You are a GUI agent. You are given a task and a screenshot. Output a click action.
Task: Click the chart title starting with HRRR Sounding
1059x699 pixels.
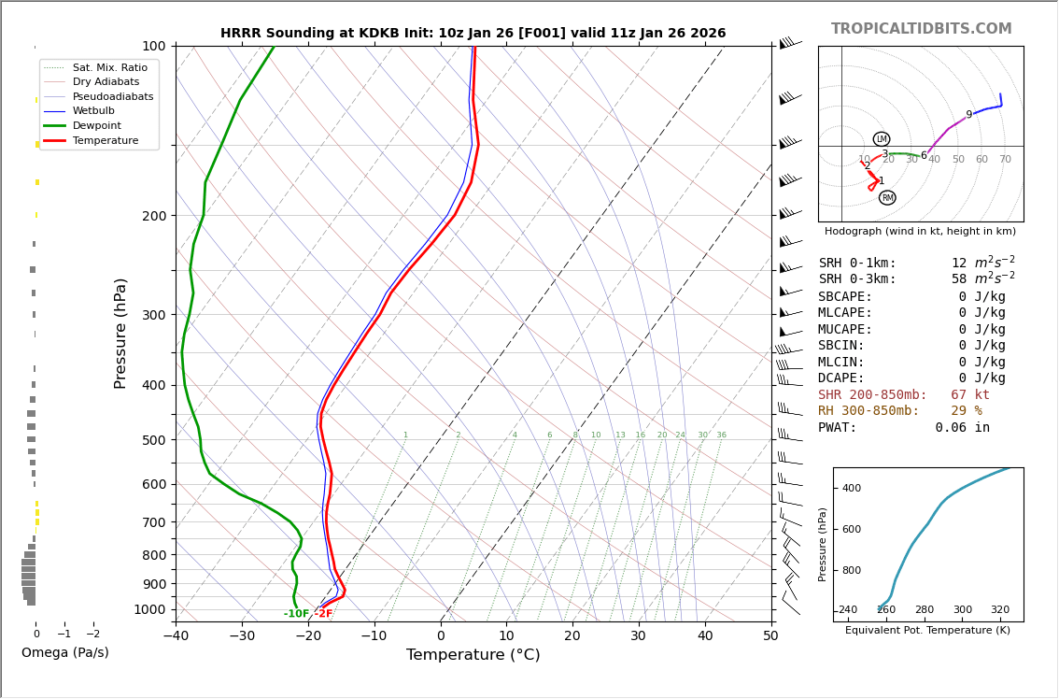[x=473, y=33]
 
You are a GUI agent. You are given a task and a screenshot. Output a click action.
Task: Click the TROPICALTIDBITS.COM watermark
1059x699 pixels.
[x=921, y=29]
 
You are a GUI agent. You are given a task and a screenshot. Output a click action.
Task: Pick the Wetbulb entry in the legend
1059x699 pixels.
[x=93, y=111]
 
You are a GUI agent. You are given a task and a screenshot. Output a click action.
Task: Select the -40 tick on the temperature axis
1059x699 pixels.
[x=176, y=636]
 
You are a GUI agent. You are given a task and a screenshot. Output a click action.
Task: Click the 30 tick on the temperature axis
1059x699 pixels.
[x=638, y=636]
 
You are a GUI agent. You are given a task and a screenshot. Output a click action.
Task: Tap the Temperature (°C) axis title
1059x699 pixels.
[x=473, y=655]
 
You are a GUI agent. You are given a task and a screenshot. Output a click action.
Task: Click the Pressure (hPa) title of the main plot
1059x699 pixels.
[x=120, y=333]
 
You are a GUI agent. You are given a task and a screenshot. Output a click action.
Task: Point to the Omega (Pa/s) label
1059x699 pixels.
[x=64, y=652]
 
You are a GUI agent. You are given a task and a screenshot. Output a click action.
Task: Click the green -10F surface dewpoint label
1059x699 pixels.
[x=297, y=614]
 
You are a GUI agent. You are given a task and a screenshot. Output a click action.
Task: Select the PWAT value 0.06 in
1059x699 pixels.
[x=962, y=428]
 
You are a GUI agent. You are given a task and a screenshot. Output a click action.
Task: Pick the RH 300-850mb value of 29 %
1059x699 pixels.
[x=966, y=411]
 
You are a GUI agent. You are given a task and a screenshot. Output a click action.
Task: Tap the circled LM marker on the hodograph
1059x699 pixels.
[x=882, y=139]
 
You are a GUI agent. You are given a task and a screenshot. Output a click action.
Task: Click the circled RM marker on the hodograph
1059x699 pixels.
[x=887, y=198]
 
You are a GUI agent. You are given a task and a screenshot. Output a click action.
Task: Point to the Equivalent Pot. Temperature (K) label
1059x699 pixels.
[x=927, y=631]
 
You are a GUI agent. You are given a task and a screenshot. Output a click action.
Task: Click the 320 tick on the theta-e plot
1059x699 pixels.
[x=999, y=610]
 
